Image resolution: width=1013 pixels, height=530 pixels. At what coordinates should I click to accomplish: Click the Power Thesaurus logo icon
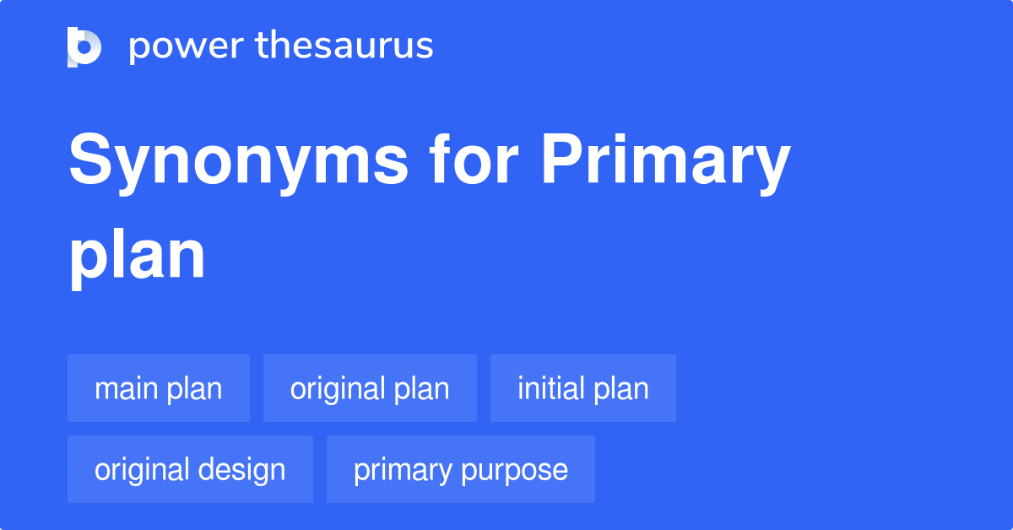coord(84,46)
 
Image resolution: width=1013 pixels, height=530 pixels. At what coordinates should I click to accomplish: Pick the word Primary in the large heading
coord(665,162)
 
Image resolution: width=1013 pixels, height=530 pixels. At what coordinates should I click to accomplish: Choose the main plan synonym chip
coord(159,388)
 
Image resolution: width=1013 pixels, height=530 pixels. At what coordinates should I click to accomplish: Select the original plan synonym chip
coord(370,388)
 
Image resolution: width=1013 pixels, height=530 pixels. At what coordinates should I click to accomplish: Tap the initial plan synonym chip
coord(583,388)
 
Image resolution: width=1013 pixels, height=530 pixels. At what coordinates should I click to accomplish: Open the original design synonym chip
coord(190,469)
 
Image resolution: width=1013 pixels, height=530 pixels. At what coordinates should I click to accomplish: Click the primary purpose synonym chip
coord(461,469)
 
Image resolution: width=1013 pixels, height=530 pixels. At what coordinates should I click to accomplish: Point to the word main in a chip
coord(126,388)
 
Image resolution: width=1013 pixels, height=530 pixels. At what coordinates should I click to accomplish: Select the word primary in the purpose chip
coord(403,470)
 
